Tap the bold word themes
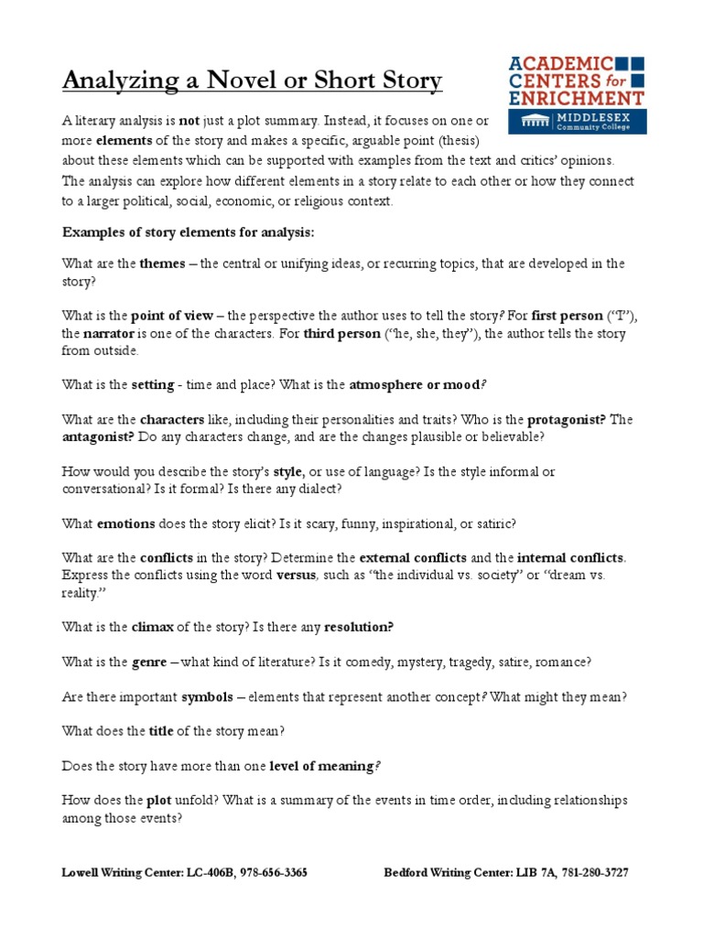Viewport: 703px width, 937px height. coord(161,264)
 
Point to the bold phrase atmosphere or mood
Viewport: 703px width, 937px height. coord(401,385)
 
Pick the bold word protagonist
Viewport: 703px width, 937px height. coord(560,420)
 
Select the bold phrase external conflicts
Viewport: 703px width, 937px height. coord(413,557)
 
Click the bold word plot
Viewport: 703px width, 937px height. coord(158,800)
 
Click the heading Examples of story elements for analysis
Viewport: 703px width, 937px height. coord(188,232)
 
